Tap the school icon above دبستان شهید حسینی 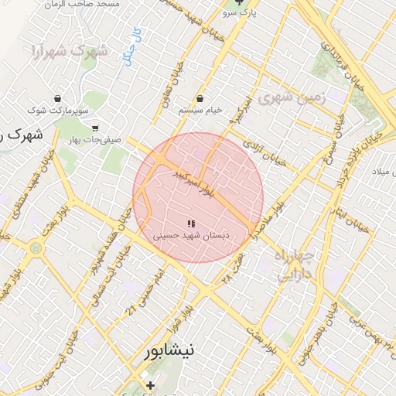(191, 223)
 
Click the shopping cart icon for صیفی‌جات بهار (95, 128)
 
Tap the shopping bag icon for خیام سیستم (200, 98)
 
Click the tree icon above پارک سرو (239, 2)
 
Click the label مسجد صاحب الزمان (84, 5)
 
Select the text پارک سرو (239, 13)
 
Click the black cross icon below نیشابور (150, 385)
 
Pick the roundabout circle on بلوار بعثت (36, 248)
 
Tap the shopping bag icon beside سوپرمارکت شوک (36, 112)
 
